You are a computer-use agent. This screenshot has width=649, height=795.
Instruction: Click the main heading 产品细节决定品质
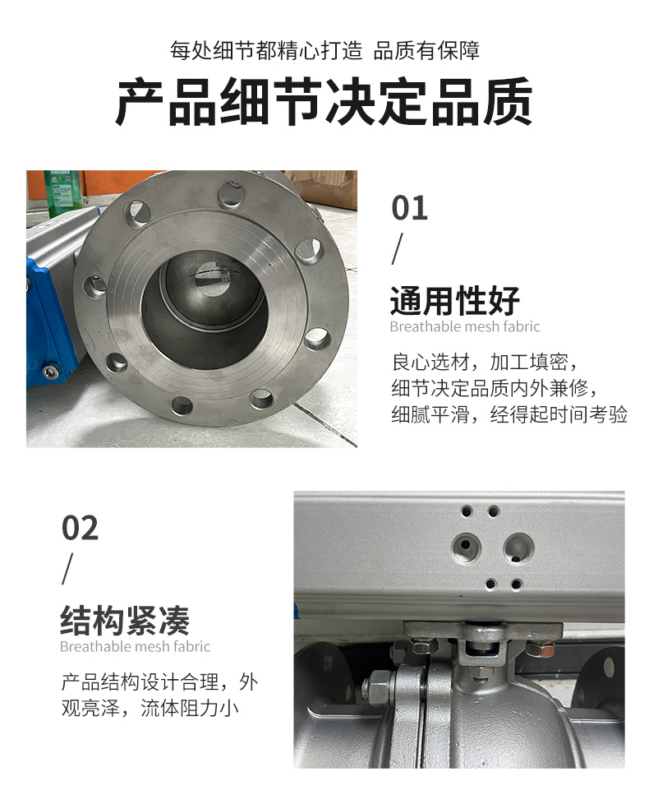pos(324,101)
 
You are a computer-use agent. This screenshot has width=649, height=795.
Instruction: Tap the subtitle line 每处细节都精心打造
pos(266,51)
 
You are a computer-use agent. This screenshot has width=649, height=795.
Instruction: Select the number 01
pos(409,208)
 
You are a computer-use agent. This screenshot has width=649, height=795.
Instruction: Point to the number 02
pos(80,528)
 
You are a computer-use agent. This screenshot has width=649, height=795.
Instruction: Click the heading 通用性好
pos(455,301)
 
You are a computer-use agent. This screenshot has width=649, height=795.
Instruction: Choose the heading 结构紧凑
pos(125,621)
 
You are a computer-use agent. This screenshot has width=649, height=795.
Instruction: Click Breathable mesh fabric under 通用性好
pos(465,326)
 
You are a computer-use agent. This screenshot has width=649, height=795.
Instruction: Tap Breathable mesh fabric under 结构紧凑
pos(135,646)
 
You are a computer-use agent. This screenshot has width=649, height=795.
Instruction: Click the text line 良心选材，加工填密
pos(485,362)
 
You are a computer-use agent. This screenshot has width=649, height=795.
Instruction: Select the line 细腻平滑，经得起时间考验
pos(509,414)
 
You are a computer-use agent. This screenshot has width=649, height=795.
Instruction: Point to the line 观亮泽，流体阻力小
pos(150,709)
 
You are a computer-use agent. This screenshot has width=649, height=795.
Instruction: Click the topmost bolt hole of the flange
pos(231,194)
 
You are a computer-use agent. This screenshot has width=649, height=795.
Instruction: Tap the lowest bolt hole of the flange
pos(182,405)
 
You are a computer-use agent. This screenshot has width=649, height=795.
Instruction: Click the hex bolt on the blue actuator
pos(49,372)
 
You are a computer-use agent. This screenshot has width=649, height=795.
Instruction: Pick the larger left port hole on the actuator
pos(465,547)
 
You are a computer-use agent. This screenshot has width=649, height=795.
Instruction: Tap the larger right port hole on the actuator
pos(518,548)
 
